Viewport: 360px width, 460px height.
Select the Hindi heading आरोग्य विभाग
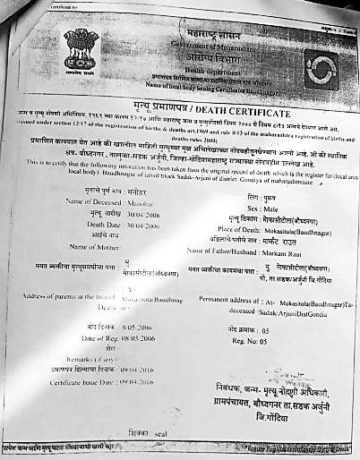[x=191, y=56]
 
